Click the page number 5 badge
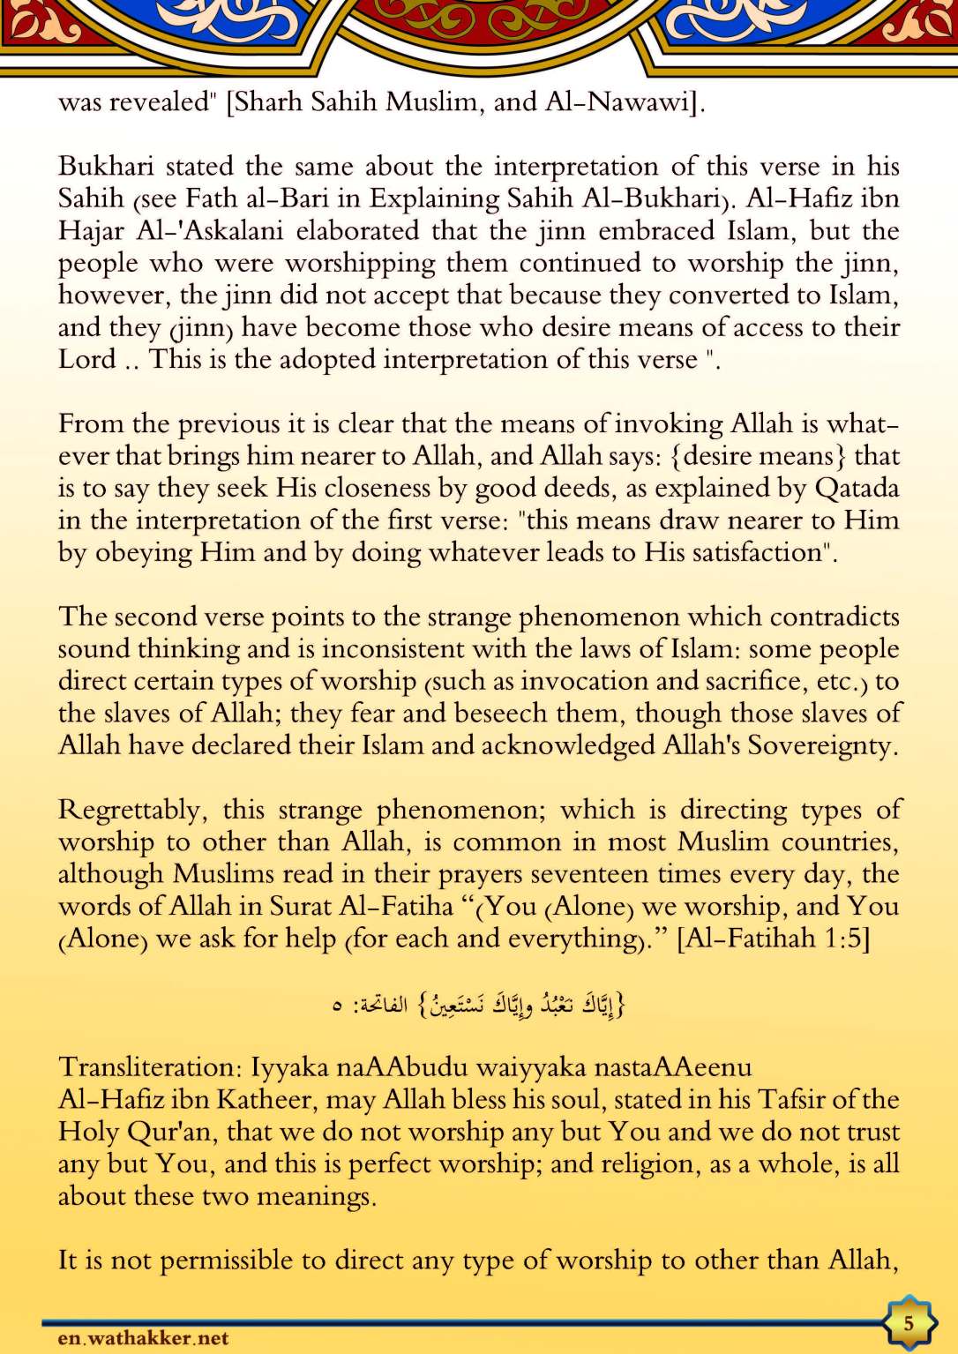909,1323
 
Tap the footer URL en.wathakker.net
143,1338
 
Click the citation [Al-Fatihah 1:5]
773,939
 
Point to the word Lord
86,360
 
